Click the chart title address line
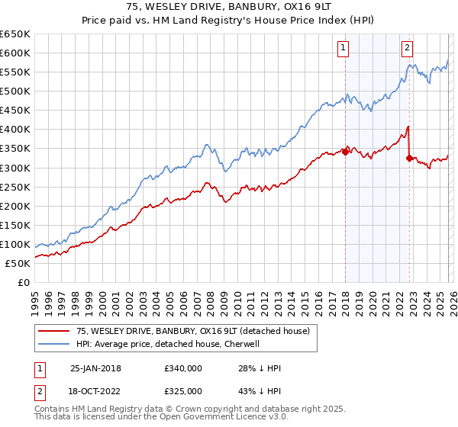228,7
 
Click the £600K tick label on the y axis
15,53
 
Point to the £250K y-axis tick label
15,187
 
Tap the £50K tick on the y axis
18,263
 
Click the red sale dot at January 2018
345,152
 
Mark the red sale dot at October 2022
410,158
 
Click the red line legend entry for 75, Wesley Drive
192,331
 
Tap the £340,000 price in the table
182,368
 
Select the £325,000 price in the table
182,390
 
